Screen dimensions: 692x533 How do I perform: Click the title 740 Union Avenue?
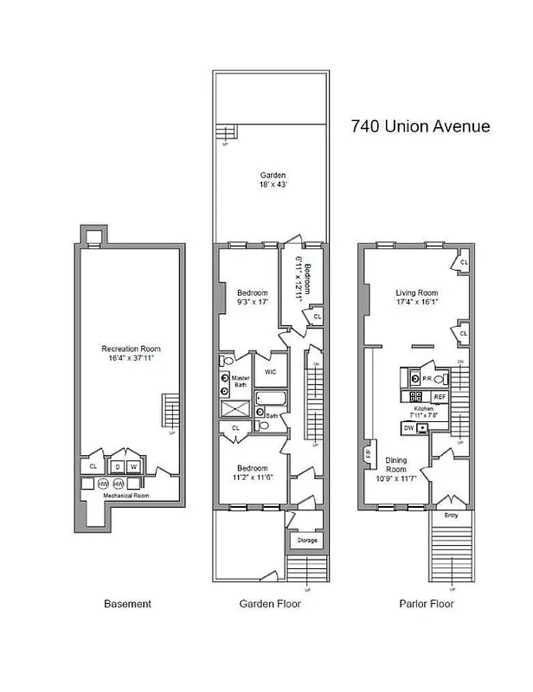(x=421, y=126)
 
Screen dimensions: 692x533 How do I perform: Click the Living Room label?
(x=417, y=298)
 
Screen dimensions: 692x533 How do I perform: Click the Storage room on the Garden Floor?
(x=307, y=541)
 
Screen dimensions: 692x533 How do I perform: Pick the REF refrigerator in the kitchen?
(x=440, y=396)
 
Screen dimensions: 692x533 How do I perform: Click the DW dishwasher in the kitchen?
(x=408, y=427)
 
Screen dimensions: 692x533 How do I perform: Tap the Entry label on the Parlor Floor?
(x=450, y=515)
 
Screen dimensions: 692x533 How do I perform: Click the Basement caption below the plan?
(x=127, y=604)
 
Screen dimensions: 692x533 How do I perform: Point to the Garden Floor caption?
(x=270, y=604)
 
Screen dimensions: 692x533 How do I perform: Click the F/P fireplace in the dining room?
(x=367, y=452)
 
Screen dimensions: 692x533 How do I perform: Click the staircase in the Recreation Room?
(x=171, y=410)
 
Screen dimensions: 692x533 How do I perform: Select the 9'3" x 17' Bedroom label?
(x=253, y=298)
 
